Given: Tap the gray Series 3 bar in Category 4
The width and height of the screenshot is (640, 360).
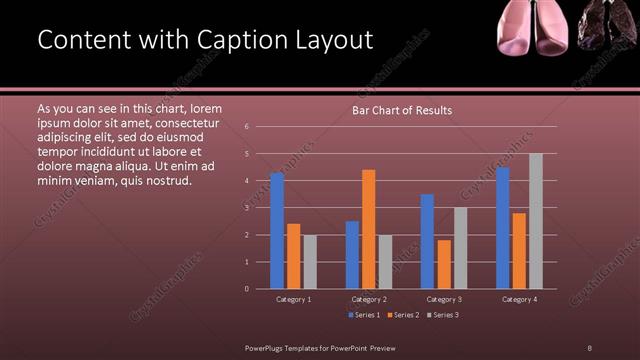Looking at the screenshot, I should tap(536, 221).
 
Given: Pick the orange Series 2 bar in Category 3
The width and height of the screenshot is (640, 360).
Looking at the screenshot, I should tap(443, 264).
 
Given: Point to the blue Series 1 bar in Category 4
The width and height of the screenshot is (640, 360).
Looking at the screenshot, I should tap(503, 227).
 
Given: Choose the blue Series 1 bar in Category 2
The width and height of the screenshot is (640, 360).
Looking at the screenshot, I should tap(352, 254).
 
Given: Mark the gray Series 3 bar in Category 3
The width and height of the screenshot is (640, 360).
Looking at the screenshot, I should tap(460, 248).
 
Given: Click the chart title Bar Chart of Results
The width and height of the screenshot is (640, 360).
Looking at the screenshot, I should tap(402, 110).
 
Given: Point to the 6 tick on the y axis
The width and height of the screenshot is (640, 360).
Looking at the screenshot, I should tap(247, 127).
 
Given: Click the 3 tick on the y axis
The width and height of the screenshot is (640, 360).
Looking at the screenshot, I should tap(247, 208).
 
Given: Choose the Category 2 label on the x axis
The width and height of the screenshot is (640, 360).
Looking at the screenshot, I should tap(368, 299).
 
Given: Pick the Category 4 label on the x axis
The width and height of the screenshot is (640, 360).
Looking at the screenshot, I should tap(519, 299).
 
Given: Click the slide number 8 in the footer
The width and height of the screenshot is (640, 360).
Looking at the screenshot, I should tap(590, 347).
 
